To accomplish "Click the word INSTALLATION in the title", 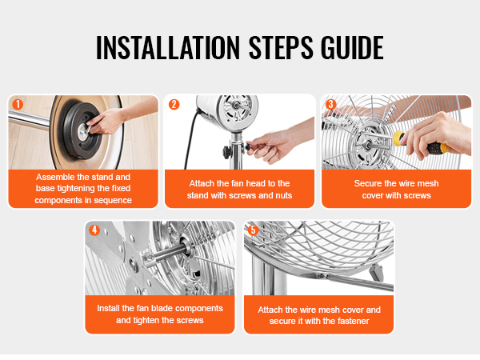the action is [x=168, y=47].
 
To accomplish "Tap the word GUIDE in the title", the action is [x=352, y=47].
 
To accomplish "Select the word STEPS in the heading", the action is [x=281, y=47].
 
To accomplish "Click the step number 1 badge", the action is [x=18, y=104].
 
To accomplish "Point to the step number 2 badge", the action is [x=174, y=104].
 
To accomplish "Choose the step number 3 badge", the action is [x=330, y=104].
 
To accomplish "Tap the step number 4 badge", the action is [x=94, y=230].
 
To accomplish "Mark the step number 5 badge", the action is [x=253, y=230].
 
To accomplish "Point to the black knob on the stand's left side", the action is [x=227, y=151].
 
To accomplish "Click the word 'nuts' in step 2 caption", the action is [x=283, y=196].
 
